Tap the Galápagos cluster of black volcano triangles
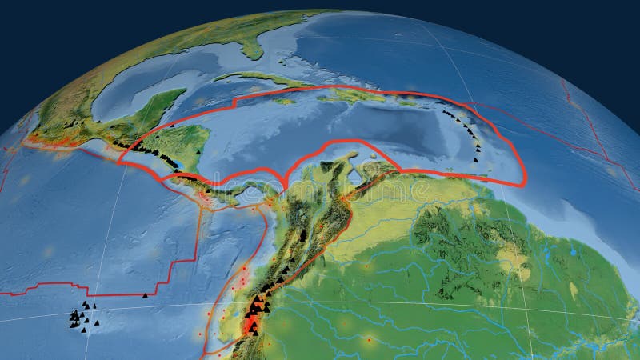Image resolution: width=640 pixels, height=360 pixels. pos(80,318)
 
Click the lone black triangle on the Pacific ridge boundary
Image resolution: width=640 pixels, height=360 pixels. pos(145,295)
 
